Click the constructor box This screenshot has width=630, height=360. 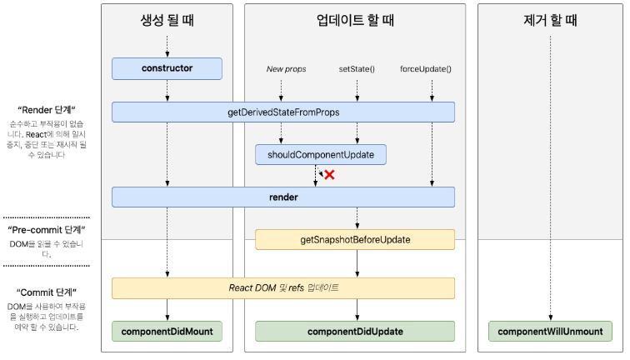pyautogui.click(x=167, y=68)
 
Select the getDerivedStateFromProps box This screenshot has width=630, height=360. pyautogui.click(x=283, y=112)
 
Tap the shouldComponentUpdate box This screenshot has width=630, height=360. pyautogui.click(x=321, y=155)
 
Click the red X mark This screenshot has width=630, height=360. pyautogui.click(x=329, y=175)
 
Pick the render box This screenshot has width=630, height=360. pyautogui.click(x=283, y=197)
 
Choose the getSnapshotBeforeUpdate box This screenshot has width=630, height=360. pyautogui.click(x=355, y=239)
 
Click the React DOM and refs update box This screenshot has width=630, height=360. pyautogui.click(x=283, y=288)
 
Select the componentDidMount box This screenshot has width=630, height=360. pyautogui.click(x=167, y=332)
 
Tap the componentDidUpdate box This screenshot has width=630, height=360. pyautogui.click(x=355, y=332)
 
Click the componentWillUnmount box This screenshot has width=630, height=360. pyautogui.click(x=550, y=332)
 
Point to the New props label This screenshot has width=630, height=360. pyautogui.click(x=286, y=69)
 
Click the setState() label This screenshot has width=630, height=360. pyautogui.click(x=357, y=69)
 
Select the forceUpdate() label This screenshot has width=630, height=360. pyautogui.click(x=426, y=69)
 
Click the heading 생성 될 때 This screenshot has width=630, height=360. pyautogui.click(x=167, y=20)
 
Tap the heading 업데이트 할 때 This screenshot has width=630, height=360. pyautogui.click(x=355, y=20)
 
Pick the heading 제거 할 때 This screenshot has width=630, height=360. pyautogui.click(x=550, y=20)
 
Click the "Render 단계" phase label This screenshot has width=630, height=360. pyautogui.click(x=47, y=110)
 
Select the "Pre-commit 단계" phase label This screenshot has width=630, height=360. pyautogui.click(x=47, y=230)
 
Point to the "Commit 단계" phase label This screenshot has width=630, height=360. pyautogui.click(x=47, y=292)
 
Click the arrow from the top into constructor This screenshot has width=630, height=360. pyautogui.click(x=167, y=47)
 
